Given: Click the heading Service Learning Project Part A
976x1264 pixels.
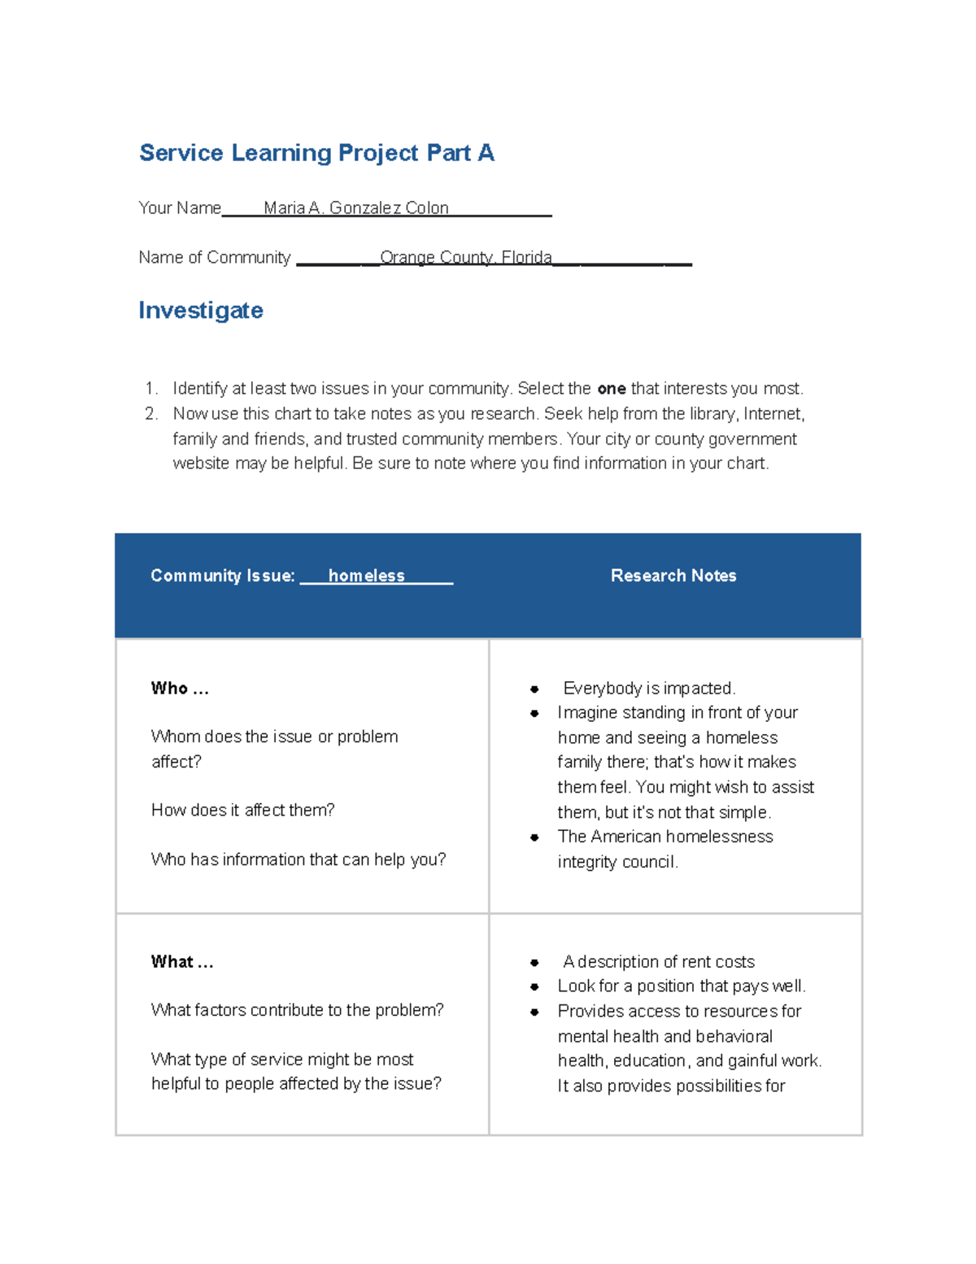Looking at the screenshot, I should pyautogui.click(x=316, y=153).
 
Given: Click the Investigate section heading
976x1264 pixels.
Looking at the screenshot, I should pyautogui.click(x=201, y=310).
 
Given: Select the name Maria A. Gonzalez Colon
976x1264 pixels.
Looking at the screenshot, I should pyautogui.click(x=355, y=208).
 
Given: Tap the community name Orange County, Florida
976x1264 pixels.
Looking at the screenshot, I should pyautogui.click(x=465, y=258).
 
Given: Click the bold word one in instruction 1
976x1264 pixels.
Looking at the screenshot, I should pyautogui.click(x=611, y=389).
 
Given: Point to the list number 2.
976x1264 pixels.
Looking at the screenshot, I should pyautogui.click(x=151, y=414).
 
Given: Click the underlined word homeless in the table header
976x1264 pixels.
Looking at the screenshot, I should pyautogui.click(x=366, y=576).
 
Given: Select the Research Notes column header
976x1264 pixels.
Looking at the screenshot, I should pyautogui.click(x=673, y=576).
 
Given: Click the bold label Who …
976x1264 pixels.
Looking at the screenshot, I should pyautogui.click(x=180, y=689).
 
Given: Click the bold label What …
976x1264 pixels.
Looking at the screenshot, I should pyautogui.click(x=182, y=962).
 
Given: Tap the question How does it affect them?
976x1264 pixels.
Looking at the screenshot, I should pyautogui.click(x=242, y=811).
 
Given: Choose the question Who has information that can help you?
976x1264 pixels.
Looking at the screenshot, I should pyautogui.click(x=298, y=859).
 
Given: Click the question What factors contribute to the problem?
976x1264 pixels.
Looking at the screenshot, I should pyautogui.click(x=297, y=1010).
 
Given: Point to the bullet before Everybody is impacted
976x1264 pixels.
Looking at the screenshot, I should pyautogui.click(x=534, y=689).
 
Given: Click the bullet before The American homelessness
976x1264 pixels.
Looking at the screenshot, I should pyautogui.click(x=534, y=838).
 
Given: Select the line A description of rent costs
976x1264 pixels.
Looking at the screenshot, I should pyautogui.click(x=658, y=962).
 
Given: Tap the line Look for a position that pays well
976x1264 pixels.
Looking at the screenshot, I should pyautogui.click(x=682, y=986).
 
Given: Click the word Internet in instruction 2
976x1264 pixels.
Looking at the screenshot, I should pyautogui.click(x=772, y=414).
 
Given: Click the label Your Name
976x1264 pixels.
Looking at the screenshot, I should pyautogui.click(x=180, y=208).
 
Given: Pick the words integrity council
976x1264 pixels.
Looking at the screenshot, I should pyautogui.click(x=617, y=862).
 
